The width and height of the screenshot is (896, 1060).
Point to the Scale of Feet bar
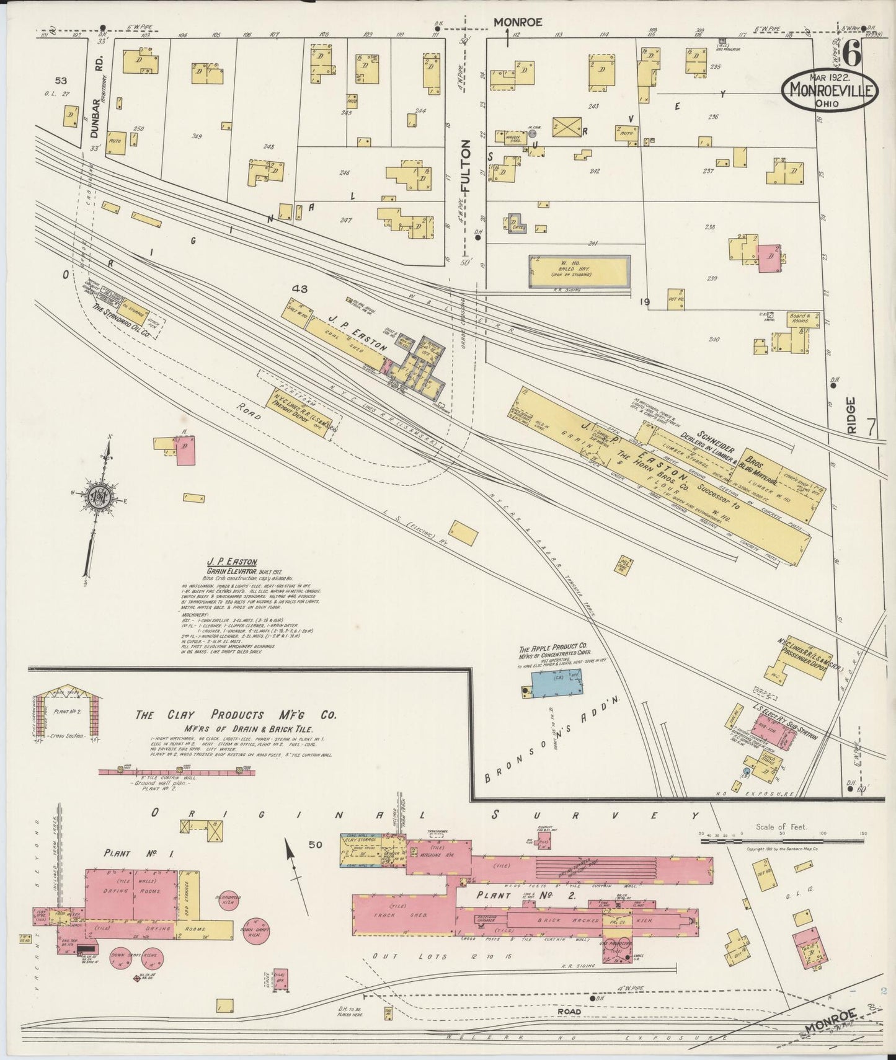coord(783,841)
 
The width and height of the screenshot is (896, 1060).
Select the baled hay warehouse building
coord(579,271)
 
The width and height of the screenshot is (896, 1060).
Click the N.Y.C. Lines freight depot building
coord(296,412)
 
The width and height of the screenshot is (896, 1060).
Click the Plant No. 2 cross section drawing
coord(66,711)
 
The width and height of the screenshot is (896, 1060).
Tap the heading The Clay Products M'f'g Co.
coord(236,715)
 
